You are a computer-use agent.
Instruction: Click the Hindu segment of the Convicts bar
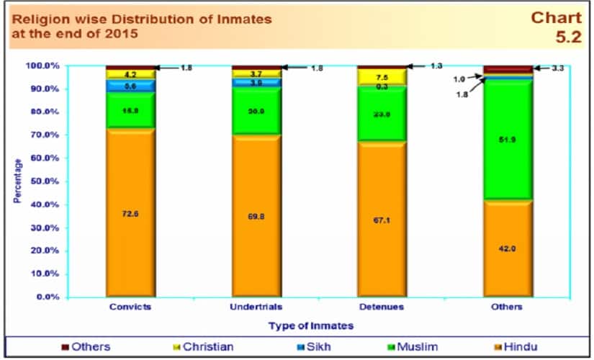click(130, 212)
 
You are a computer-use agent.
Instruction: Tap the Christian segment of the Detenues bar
click(382, 77)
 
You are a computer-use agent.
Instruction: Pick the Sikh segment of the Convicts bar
click(130, 86)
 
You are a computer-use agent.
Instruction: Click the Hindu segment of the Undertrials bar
click(256, 215)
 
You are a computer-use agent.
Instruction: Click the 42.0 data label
click(508, 248)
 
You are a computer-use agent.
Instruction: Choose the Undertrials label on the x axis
click(256, 307)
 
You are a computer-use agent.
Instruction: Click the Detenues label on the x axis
click(382, 307)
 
